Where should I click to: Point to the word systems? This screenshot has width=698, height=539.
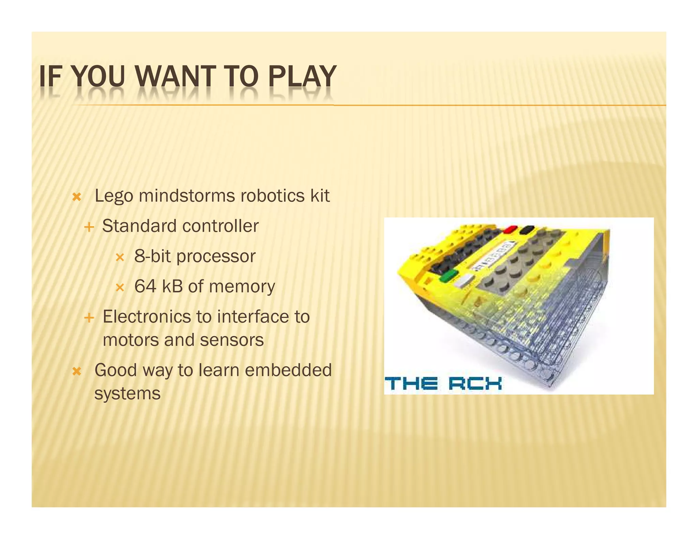pos(127,394)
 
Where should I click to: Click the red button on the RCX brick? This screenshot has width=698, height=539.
pos(511,229)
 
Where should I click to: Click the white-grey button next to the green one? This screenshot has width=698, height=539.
pos(464,281)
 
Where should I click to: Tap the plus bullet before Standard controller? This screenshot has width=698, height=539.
pos(89,227)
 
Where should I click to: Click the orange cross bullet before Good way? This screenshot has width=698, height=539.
pos(77,371)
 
